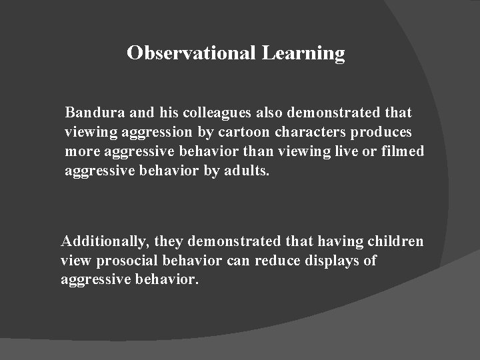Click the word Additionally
point(99,241)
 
